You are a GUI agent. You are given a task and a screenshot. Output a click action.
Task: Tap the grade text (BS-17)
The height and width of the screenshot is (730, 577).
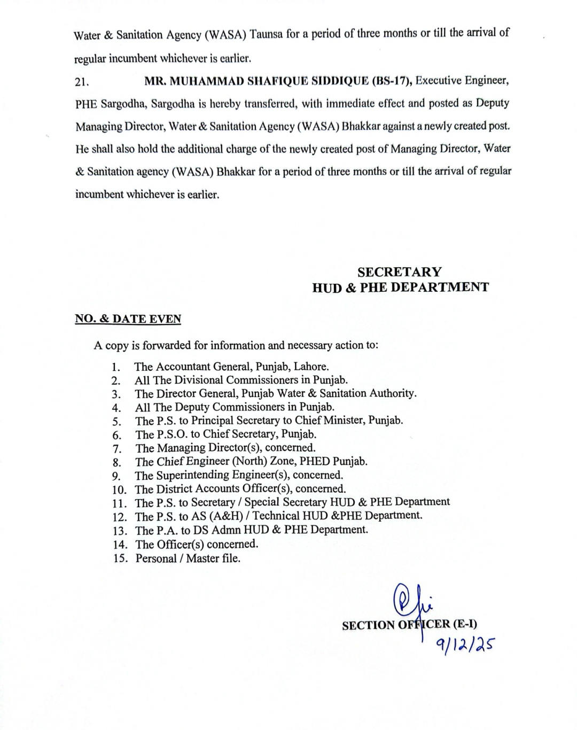pos(392,81)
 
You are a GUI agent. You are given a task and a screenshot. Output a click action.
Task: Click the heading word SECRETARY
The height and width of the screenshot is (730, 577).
pos(400,272)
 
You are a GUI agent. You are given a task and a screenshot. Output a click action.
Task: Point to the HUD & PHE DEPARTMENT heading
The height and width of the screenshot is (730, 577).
pos(400,288)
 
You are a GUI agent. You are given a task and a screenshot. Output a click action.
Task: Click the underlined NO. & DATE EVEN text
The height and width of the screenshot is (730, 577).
pos(128,319)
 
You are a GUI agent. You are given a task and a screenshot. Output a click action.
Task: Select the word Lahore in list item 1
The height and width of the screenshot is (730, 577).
pos(309,367)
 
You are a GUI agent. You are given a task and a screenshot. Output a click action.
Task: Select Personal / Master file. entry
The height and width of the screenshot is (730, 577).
pos(188,558)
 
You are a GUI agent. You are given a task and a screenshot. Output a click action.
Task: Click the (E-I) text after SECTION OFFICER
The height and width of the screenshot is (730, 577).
pos(465,624)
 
